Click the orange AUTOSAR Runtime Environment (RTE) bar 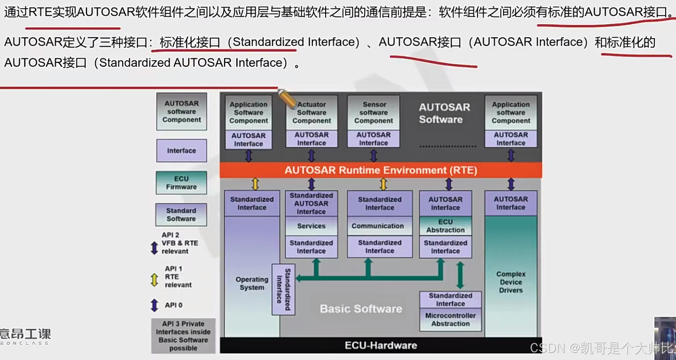(x=380, y=171)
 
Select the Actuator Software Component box (x=311, y=113)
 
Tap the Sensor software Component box (x=373, y=113)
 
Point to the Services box (x=311, y=226)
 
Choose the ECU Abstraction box (x=446, y=226)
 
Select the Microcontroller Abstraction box (x=451, y=320)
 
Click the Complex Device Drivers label (x=511, y=282)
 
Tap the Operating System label (x=252, y=284)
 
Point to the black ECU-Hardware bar (x=380, y=345)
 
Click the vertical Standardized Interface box (x=283, y=290)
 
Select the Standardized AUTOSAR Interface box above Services (x=311, y=204)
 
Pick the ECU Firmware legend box (x=181, y=183)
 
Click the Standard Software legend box (x=181, y=215)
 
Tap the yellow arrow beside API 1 (x=154, y=279)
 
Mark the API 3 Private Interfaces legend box (x=183, y=336)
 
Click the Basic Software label (x=361, y=309)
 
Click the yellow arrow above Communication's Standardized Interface (x=383, y=184)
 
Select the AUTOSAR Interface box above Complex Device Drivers (x=511, y=203)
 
